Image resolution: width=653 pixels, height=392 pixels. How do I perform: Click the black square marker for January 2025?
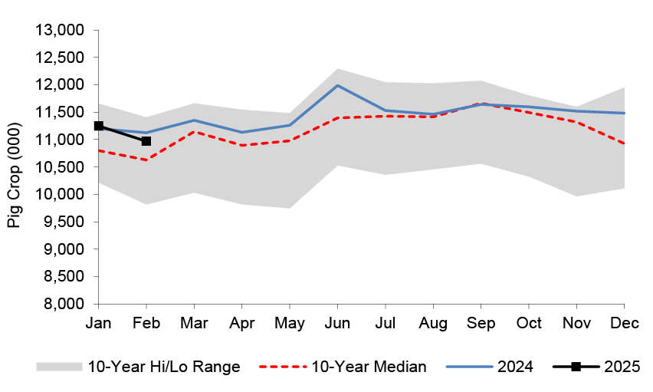coord(98,126)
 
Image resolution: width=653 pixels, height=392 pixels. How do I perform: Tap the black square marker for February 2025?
coord(146,141)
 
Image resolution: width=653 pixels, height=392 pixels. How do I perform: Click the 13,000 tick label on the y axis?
coord(60,30)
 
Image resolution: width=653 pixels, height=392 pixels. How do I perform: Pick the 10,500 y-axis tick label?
coord(60,167)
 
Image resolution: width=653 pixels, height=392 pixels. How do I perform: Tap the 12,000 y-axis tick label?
coord(60,85)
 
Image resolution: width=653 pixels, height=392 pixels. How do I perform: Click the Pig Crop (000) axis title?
coord(15,167)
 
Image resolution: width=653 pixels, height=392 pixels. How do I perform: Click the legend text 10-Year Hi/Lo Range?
coord(164,367)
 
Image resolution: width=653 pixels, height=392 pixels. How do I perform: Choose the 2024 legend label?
coord(516,367)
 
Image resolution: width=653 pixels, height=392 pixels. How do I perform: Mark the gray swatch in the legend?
coord(58,367)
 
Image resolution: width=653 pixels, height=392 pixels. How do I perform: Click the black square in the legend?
coord(576,367)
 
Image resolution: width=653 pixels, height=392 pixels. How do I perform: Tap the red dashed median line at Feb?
coord(146,160)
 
